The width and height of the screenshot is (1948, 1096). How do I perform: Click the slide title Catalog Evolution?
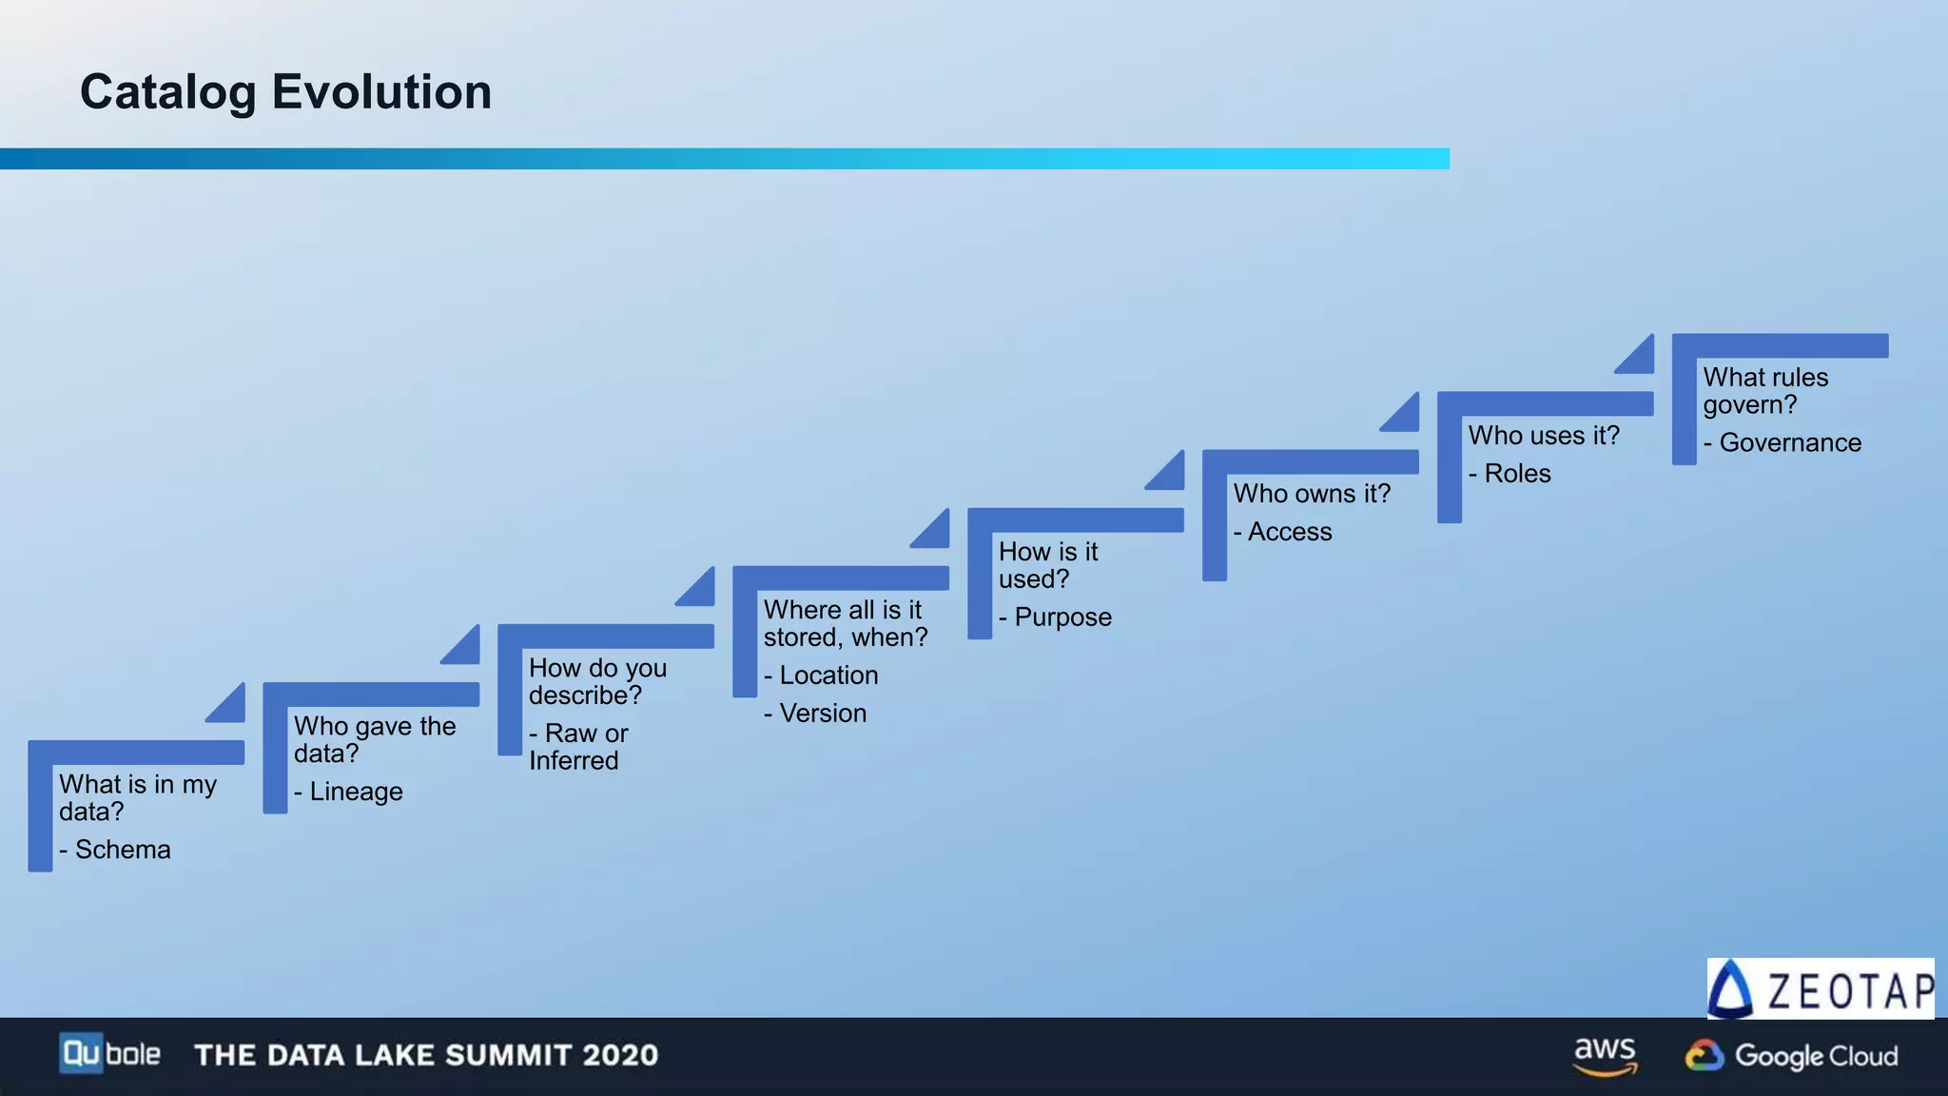tap(285, 92)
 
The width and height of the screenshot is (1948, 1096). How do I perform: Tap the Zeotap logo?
tap(1820, 989)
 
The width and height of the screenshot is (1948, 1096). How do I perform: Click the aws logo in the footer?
tap(1605, 1055)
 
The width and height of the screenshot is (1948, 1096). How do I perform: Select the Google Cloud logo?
tap(1791, 1056)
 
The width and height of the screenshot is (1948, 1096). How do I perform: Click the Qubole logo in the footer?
tap(109, 1054)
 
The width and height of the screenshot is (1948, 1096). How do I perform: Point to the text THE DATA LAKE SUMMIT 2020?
tap(426, 1055)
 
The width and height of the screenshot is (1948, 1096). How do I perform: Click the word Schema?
tap(123, 850)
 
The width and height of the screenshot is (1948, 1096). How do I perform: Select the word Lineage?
tap(356, 792)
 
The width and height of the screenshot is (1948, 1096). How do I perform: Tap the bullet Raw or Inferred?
tap(578, 747)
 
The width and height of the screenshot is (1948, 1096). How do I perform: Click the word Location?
tap(828, 675)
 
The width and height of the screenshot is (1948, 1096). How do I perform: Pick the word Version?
tap(823, 714)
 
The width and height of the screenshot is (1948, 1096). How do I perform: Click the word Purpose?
tap(1062, 617)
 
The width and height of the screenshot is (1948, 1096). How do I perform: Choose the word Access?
tap(1289, 532)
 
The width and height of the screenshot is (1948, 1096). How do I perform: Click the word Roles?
tap(1517, 474)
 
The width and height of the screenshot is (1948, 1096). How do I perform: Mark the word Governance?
tap(1789, 443)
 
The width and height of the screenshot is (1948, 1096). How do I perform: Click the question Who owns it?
tap(1312, 494)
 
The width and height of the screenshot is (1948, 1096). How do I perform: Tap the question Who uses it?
tap(1544, 436)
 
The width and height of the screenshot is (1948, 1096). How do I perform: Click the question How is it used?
tap(1047, 565)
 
